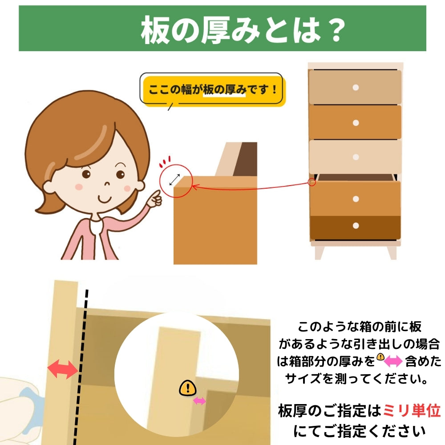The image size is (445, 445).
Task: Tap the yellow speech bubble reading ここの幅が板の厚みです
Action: [x=213, y=90]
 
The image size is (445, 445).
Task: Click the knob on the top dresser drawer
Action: [x=356, y=87]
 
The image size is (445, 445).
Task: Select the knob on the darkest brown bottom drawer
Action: [x=356, y=226]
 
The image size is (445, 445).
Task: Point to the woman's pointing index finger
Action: [x=155, y=195]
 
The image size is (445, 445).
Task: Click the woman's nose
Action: [x=107, y=183]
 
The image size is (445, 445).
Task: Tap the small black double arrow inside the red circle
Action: [x=174, y=180]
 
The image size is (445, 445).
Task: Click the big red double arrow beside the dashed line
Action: [x=63, y=369]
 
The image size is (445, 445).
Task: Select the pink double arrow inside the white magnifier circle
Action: [x=199, y=401]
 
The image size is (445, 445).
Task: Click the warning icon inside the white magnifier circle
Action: [x=188, y=388]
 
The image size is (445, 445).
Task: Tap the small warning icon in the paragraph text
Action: [x=380, y=356]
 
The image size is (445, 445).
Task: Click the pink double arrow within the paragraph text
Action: [x=393, y=361]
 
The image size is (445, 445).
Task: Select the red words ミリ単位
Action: [x=412, y=411]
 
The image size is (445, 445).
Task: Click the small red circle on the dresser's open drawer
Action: [x=312, y=182]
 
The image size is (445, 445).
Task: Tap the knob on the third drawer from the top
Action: [x=356, y=157]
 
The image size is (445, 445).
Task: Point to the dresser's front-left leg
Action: [x=319, y=253]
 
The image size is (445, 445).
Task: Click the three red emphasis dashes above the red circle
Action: [x=165, y=161]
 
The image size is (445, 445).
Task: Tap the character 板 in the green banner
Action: [x=155, y=30]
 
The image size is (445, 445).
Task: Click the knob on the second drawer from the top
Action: [x=356, y=123]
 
